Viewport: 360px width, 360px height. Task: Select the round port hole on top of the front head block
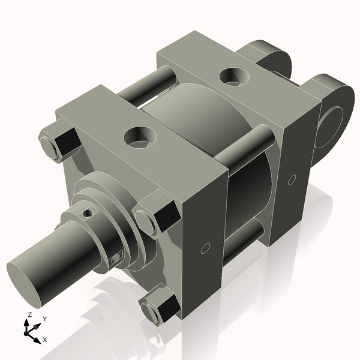tap(139, 136)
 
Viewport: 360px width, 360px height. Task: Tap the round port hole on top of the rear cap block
tap(234, 76)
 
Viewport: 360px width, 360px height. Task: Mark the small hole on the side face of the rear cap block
tap(292, 179)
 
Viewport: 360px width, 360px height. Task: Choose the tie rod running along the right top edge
tap(246, 148)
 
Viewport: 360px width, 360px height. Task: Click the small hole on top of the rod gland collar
tap(88, 212)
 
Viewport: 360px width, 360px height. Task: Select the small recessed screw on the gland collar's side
tap(116, 259)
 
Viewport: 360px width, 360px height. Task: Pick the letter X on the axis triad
tap(44, 340)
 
